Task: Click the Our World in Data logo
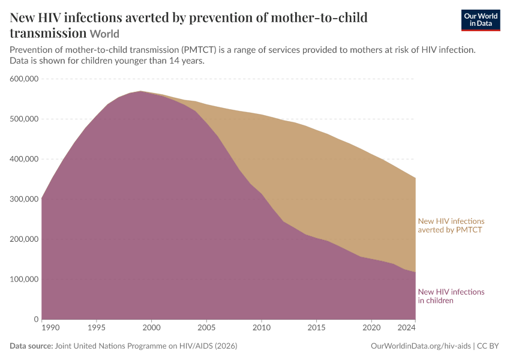[x=481, y=20]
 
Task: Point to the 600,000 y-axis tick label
[x=24, y=79]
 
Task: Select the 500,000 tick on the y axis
[x=24, y=119]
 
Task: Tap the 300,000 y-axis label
[x=24, y=199]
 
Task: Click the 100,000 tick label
[x=24, y=279]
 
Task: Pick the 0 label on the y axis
[x=36, y=319]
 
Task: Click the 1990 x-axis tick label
[x=51, y=328]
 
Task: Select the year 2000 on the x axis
[x=152, y=328]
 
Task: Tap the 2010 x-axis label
[x=262, y=328]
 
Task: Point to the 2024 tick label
[x=407, y=328]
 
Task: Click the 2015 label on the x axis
[x=316, y=328]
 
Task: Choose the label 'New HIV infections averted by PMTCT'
[x=451, y=226]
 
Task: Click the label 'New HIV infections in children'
[x=451, y=296]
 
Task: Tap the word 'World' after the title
[x=105, y=34]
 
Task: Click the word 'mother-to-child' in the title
[x=319, y=17]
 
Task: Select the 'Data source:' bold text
[x=31, y=346]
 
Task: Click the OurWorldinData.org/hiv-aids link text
[x=421, y=346]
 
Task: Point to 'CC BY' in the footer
[x=488, y=346]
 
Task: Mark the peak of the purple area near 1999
[x=140, y=91]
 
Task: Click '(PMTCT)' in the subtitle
[x=199, y=50]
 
